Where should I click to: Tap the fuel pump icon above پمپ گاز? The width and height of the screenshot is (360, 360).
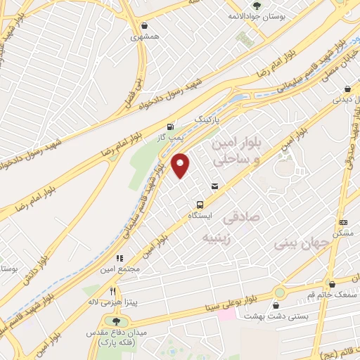click(x=169, y=128)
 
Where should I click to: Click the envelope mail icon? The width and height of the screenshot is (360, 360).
click(x=214, y=186)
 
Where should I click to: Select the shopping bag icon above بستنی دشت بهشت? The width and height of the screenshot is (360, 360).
click(x=275, y=305)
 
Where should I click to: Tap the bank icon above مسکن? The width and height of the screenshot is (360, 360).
click(x=342, y=221)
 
